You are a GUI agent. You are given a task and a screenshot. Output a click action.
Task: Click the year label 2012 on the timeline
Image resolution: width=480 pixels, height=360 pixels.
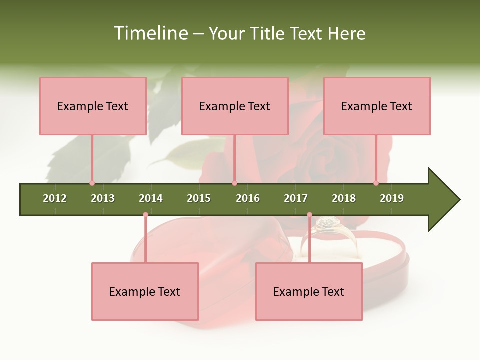(x=55, y=198)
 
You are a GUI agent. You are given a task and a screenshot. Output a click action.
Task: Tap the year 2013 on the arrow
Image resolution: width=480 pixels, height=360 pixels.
(x=103, y=198)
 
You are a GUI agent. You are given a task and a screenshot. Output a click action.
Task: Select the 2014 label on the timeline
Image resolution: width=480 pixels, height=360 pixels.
(x=151, y=198)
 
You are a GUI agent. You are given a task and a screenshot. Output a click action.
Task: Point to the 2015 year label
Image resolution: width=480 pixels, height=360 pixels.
(x=199, y=198)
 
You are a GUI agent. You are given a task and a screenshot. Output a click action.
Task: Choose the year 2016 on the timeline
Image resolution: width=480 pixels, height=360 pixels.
(x=248, y=198)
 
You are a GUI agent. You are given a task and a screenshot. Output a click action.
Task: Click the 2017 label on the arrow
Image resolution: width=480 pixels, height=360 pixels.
(x=296, y=198)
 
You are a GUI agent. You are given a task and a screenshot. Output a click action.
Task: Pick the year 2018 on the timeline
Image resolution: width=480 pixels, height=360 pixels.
(x=344, y=198)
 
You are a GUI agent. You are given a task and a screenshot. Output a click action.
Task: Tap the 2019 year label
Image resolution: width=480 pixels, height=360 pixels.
(x=392, y=198)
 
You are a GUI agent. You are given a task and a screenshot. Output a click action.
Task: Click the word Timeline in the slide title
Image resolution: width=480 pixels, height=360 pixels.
(x=150, y=33)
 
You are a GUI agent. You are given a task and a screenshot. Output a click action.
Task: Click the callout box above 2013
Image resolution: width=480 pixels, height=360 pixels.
(x=93, y=106)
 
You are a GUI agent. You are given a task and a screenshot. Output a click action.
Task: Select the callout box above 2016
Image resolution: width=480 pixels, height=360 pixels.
(x=235, y=106)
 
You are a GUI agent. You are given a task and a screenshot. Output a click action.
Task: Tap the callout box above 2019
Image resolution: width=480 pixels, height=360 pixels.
(x=377, y=106)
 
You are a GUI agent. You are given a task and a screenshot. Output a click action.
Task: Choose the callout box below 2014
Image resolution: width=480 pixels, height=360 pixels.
(x=145, y=291)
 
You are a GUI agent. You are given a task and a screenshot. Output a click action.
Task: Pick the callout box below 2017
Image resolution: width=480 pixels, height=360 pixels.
(x=309, y=291)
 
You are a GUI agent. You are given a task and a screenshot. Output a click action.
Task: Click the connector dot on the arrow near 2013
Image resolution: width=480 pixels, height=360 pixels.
(x=92, y=183)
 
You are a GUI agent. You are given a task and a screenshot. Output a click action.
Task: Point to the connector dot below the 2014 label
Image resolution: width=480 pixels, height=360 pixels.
(x=145, y=215)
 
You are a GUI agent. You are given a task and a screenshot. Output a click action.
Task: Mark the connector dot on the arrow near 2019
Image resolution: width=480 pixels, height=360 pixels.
(x=376, y=183)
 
